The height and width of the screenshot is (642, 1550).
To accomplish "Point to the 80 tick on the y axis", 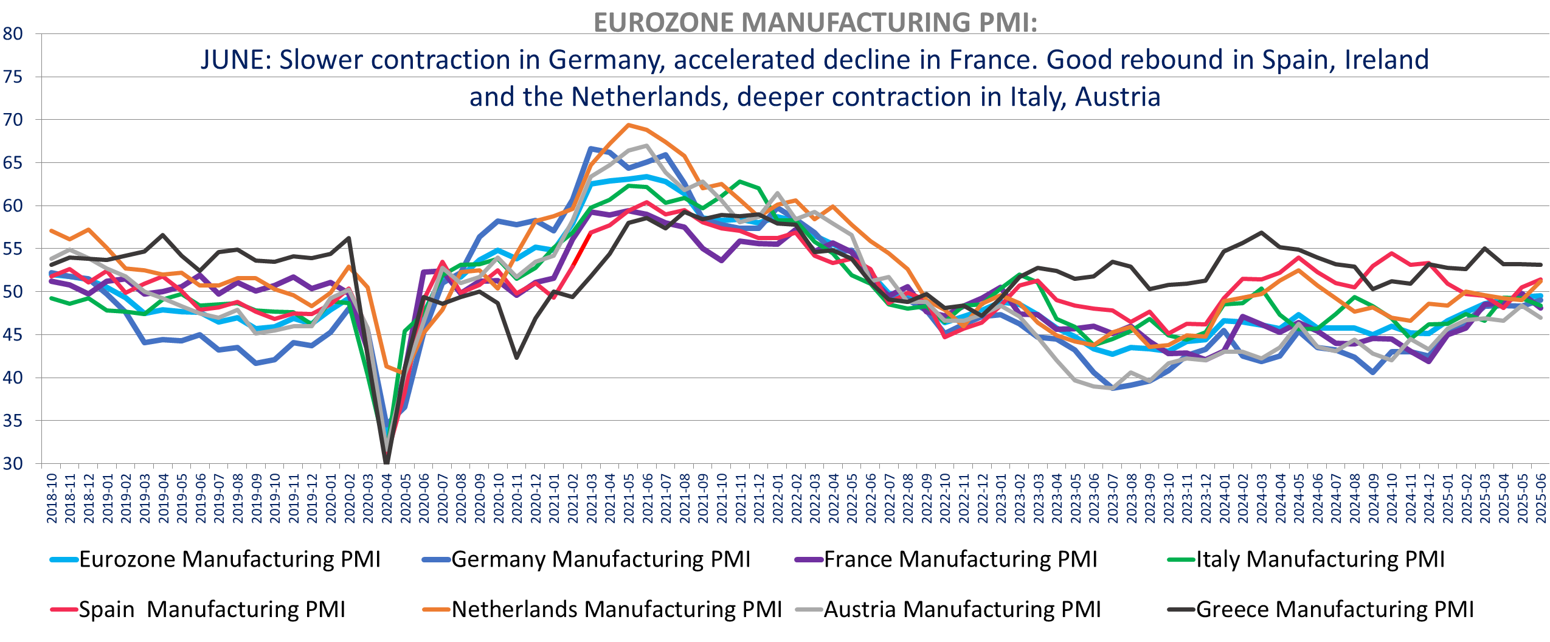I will point(13,34).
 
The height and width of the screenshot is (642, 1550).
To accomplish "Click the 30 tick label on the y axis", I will point(13,464).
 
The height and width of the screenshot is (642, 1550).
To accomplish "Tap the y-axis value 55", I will point(13,249).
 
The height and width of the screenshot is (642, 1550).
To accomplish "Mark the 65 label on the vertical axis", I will point(13,163).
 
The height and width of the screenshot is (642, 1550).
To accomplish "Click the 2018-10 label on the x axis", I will point(52,499).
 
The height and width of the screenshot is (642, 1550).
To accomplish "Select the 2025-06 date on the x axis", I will point(1540,499).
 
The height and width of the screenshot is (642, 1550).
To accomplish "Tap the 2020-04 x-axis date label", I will point(387,499).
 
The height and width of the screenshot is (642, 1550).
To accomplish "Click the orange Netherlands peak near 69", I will point(628,125).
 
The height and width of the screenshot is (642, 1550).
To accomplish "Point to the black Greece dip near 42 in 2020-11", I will point(517,357).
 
